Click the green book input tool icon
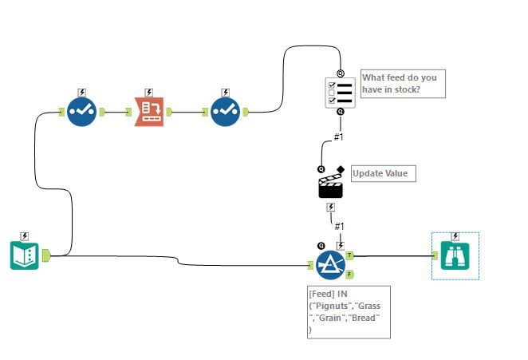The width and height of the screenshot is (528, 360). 25,255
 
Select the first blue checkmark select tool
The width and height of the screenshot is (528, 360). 82,113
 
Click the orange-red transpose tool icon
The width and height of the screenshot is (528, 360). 148,113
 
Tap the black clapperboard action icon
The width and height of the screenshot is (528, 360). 331,185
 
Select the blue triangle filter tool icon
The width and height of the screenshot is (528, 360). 330,264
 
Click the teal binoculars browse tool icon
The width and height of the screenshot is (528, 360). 455,255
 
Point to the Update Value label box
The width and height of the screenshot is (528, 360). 383,173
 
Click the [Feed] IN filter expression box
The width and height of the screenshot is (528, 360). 349,311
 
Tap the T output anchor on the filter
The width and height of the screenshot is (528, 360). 349,255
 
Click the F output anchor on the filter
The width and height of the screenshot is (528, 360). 349,274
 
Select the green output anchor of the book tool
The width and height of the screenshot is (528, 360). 45,255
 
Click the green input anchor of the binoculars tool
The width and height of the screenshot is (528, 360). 435,255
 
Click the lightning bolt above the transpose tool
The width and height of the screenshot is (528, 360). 148,93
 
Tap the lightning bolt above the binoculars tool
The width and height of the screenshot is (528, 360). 455,235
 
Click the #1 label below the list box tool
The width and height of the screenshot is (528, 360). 339,136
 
